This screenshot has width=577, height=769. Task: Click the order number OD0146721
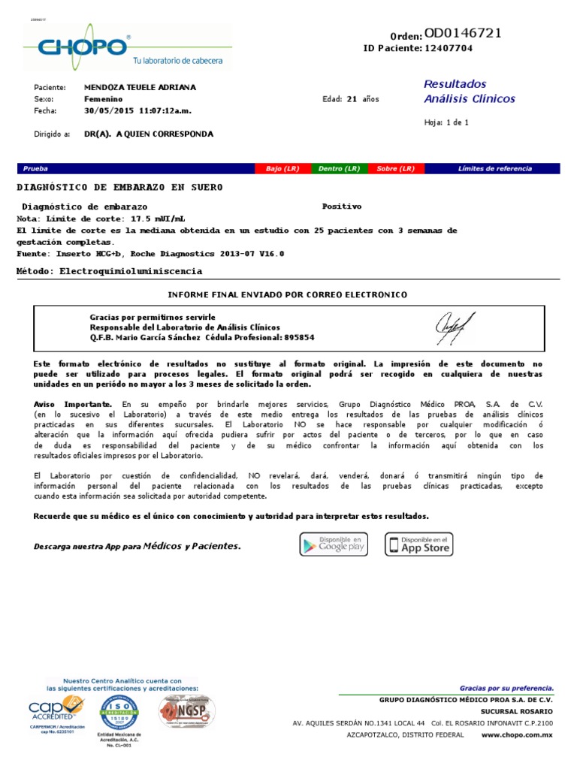click(x=463, y=33)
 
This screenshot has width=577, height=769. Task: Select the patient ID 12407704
click(x=449, y=48)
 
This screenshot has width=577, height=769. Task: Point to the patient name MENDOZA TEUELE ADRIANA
click(x=140, y=88)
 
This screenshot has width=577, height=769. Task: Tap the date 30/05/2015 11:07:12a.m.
click(x=137, y=110)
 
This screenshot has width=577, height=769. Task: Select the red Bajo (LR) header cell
click(x=282, y=169)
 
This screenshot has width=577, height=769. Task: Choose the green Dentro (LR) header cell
click(x=339, y=169)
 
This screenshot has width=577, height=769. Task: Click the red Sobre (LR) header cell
click(x=396, y=169)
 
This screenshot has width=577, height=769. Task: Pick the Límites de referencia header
click(x=494, y=169)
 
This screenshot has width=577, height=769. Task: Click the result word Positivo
click(x=341, y=206)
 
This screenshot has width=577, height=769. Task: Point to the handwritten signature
click(x=455, y=326)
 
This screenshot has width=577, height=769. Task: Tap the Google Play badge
click(x=334, y=544)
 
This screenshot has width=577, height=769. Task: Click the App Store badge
click(x=419, y=544)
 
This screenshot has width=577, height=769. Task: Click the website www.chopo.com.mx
click(x=516, y=734)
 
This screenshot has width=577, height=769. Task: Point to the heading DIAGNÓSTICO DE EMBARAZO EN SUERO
click(x=119, y=187)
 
